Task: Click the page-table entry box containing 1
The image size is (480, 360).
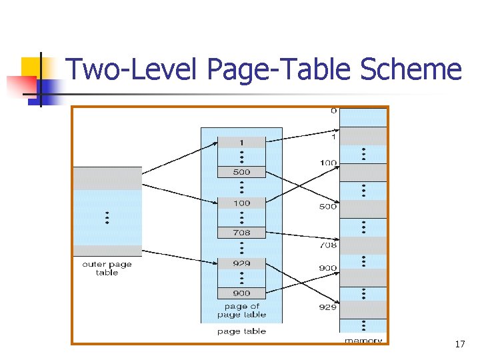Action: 241,143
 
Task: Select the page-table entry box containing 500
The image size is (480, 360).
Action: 241,172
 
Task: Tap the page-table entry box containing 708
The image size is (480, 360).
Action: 241,233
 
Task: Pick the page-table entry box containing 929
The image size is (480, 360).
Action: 241,263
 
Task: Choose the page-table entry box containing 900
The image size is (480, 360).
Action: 241,293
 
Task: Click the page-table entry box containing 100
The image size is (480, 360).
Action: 241,203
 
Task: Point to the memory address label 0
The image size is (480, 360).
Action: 333,111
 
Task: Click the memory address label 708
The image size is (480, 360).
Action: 328,245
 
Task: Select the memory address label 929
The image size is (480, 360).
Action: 328,308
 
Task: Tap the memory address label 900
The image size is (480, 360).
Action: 328,269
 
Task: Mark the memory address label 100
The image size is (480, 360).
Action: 328,163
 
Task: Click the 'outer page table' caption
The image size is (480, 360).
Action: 107,269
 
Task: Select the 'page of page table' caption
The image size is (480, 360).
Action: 241,311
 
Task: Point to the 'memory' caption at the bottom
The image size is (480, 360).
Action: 363,341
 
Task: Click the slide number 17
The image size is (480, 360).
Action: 459,344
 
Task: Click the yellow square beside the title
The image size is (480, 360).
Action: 31,67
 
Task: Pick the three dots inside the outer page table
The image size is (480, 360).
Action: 107,218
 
